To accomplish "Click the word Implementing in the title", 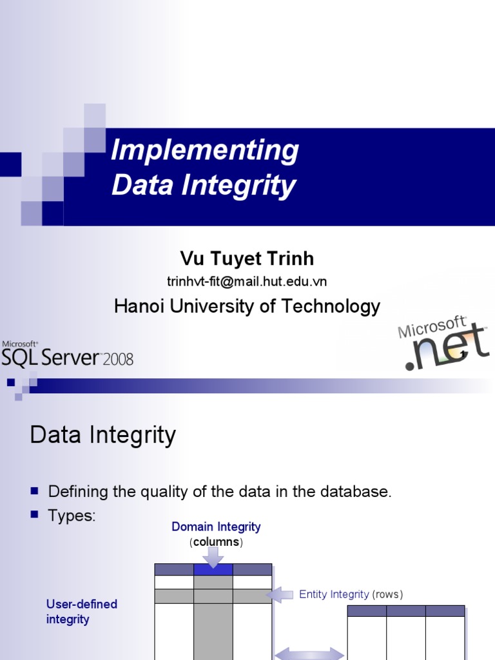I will (204, 151).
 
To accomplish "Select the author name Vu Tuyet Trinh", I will (247, 259).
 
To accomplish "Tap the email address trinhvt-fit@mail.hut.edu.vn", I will (247, 281).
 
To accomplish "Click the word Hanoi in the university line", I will (137, 306).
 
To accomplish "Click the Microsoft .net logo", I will (443, 344).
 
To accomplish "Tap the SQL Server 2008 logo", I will (67, 355).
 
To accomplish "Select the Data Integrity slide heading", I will (102, 436).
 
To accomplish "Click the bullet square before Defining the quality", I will (35, 492).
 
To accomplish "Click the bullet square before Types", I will (35, 516).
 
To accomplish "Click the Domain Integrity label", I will (216, 527).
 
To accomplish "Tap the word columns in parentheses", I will (217, 542).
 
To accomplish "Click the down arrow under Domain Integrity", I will (213, 556).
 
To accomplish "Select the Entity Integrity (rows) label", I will (351, 594).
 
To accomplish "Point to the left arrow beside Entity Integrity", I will (280, 595).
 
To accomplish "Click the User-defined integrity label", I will (82, 612).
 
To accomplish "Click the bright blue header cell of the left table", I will (213, 569).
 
